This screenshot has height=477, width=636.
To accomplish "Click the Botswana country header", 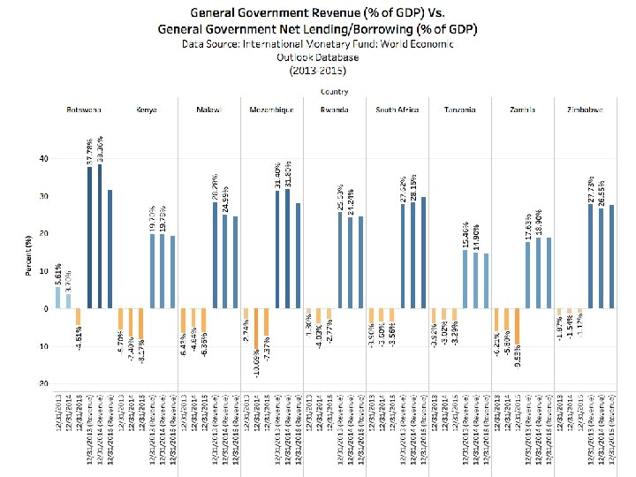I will point(84,110).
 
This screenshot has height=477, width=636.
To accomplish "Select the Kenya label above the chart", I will point(147,110).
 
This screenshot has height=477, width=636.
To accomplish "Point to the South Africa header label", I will point(397,110).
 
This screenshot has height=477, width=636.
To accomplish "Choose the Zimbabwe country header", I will point(585,110).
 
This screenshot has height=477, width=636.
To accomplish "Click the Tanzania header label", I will point(459,110).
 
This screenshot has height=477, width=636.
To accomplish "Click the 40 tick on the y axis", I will point(42,158).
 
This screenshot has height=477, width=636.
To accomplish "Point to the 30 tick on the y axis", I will point(42,196).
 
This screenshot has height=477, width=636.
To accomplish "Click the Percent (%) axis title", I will point(29,255).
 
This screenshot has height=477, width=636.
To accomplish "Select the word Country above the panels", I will point(334,90).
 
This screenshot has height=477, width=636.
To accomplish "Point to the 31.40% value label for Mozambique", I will point(277,173).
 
